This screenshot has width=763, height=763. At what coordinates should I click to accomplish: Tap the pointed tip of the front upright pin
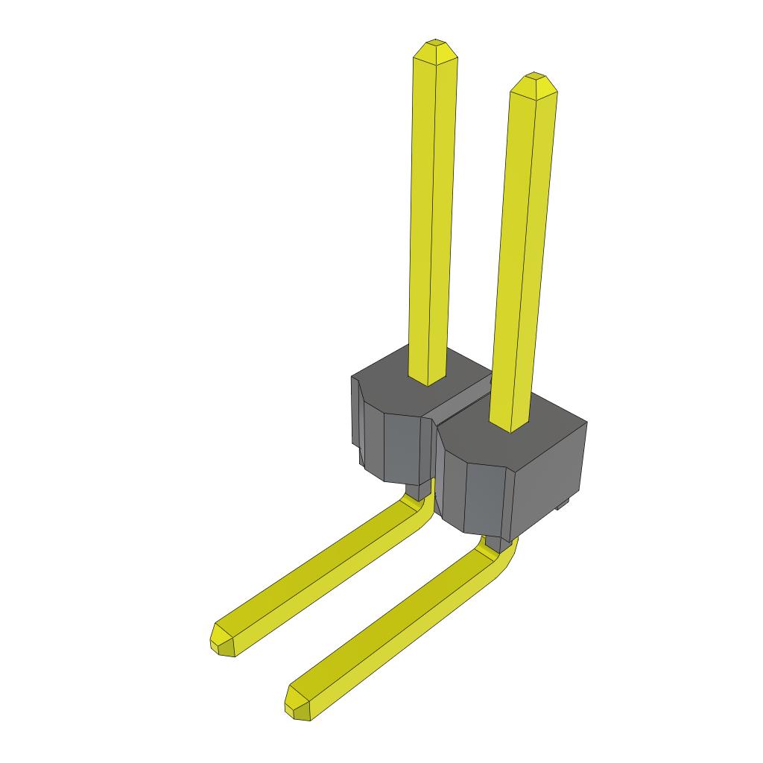(534, 83)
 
